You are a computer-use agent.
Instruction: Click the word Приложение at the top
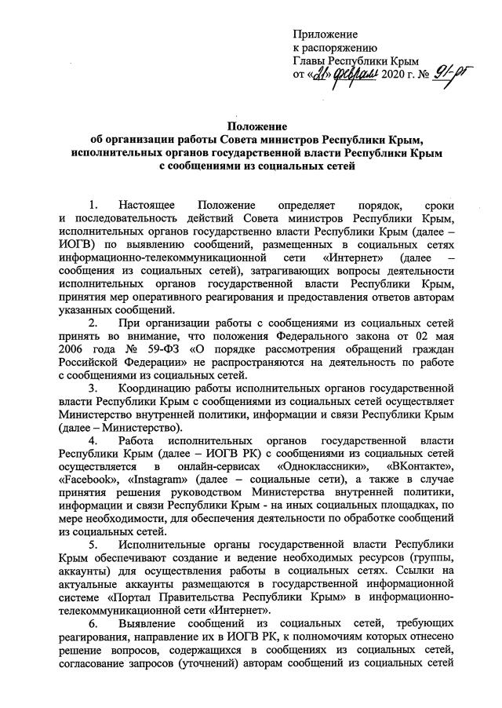tap(325, 35)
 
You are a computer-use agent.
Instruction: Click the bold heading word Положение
tap(256, 126)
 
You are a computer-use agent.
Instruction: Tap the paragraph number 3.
tap(94, 387)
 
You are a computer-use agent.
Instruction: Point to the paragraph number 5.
tap(94, 543)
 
